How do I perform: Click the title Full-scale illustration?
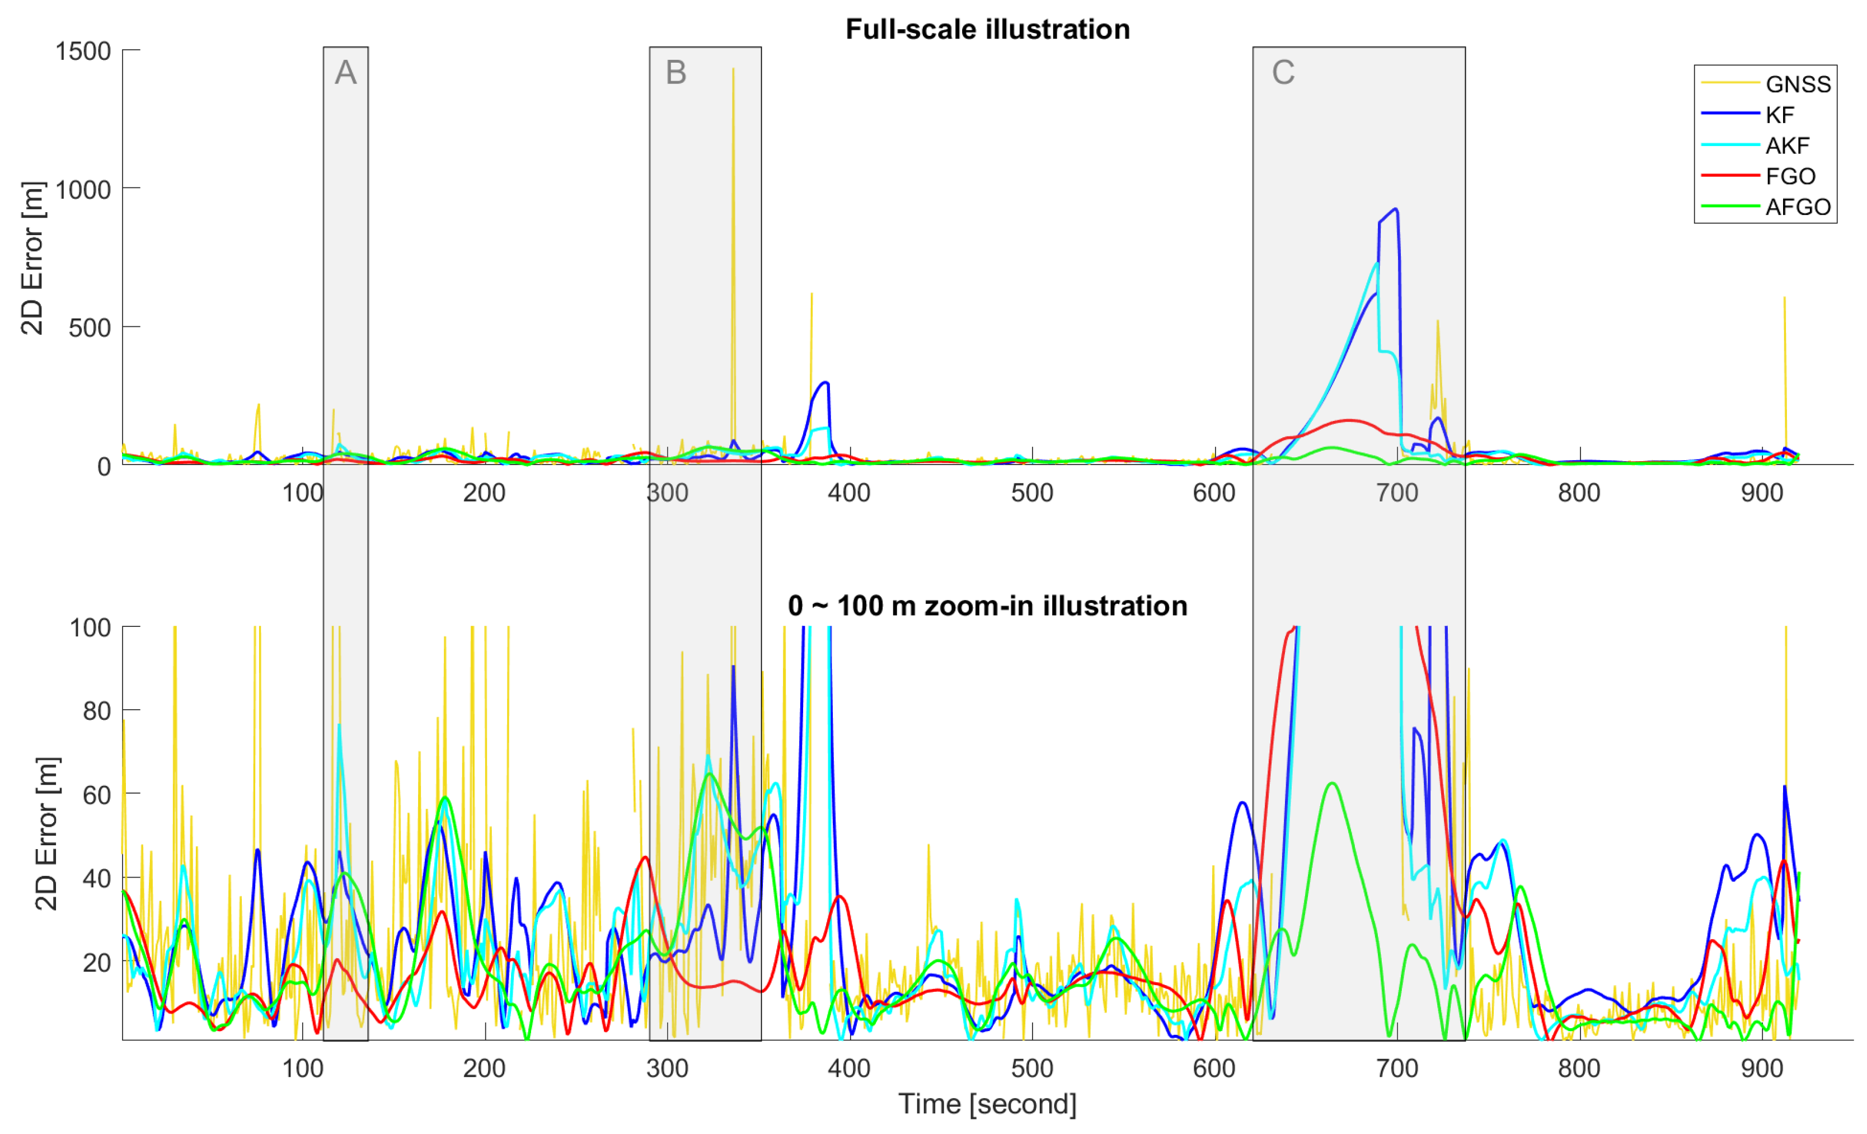(x=987, y=30)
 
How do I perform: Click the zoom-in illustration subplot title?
(x=987, y=606)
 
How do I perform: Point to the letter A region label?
(x=345, y=73)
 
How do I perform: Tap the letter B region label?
(x=676, y=73)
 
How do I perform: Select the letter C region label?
(x=1283, y=73)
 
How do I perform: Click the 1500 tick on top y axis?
(x=83, y=51)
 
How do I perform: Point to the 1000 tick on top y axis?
(x=83, y=190)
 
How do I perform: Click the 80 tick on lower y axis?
(x=96, y=711)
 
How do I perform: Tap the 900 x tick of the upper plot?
(x=1762, y=493)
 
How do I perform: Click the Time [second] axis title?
(x=987, y=1104)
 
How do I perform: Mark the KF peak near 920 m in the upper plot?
(x=1395, y=210)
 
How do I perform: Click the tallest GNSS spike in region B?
(x=733, y=70)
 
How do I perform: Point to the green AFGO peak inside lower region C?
(x=1331, y=783)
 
